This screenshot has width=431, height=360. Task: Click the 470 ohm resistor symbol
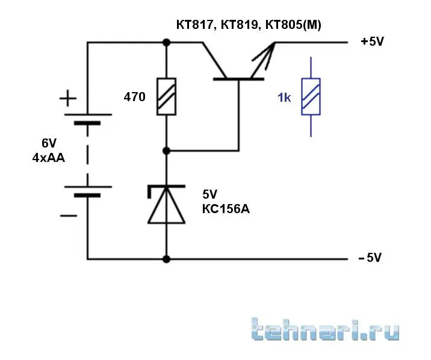(166, 96)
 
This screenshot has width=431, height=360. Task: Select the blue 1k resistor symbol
(311, 96)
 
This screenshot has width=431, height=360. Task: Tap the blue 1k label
(284, 98)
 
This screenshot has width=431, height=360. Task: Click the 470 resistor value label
(134, 96)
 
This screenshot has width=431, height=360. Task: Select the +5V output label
(372, 42)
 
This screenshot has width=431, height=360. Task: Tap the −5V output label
(370, 258)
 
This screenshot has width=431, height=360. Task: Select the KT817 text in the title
(193, 25)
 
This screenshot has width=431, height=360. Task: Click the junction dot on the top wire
(166, 42)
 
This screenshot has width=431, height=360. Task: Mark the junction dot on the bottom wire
(166, 259)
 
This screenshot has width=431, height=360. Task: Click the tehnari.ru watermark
(325, 331)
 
